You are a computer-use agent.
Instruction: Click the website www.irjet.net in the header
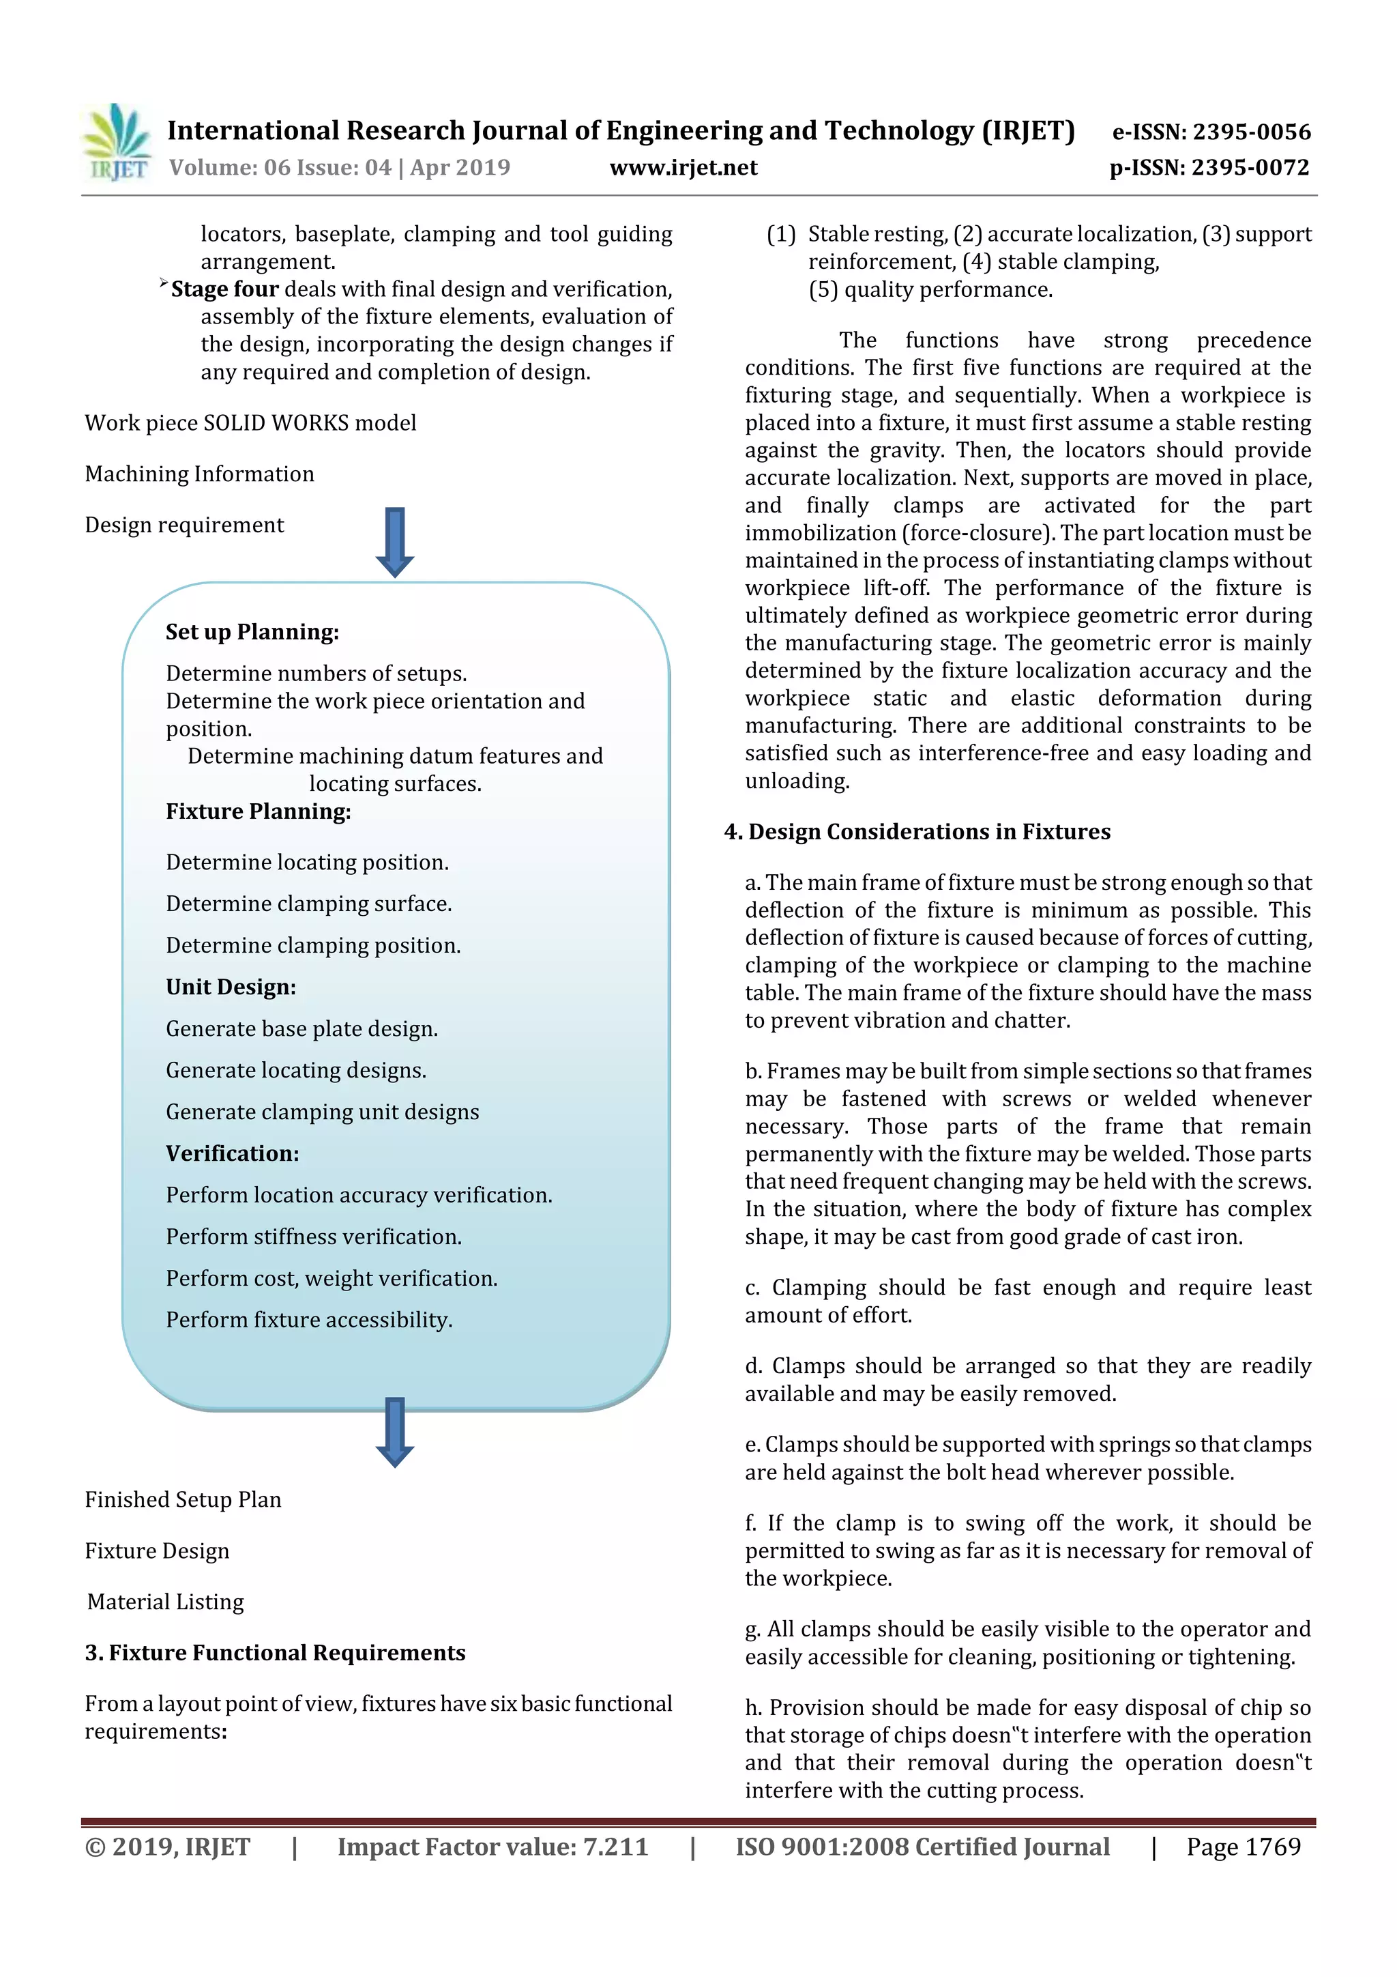pos(683,168)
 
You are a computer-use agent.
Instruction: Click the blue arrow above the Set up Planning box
pos(395,542)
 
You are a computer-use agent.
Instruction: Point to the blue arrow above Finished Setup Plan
pos(395,1431)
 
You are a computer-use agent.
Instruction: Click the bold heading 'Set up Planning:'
pos(252,632)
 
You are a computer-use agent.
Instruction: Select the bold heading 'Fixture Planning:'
pos(259,811)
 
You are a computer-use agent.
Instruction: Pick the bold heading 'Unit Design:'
pos(231,987)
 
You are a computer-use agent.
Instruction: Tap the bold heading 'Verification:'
pos(233,1153)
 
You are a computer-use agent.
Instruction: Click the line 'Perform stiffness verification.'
pos(313,1237)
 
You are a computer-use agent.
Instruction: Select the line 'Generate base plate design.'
pos(302,1029)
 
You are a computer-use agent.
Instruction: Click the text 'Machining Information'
pos(200,474)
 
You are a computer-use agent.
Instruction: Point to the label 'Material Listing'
pos(165,1602)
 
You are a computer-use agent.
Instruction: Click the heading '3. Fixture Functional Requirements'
pos(275,1652)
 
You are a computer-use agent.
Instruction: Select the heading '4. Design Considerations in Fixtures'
pos(917,832)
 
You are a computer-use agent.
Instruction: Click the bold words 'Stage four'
pos(224,289)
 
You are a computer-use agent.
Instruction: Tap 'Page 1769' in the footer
pos(1243,1847)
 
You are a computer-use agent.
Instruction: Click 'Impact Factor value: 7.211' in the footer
pos(492,1847)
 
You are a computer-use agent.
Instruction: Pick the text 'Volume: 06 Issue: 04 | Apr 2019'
pos(339,168)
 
